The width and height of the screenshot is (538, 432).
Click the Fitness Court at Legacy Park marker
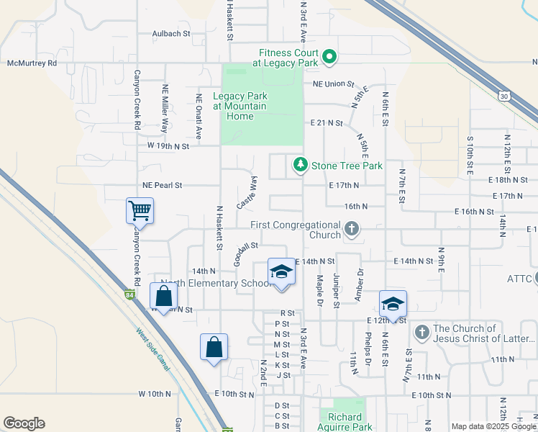click(x=329, y=56)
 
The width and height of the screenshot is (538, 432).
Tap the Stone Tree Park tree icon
click(x=300, y=166)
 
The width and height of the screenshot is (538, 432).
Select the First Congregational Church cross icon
click(x=351, y=230)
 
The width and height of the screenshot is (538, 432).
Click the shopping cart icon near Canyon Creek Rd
click(x=140, y=211)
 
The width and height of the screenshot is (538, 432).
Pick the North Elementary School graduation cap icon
click(x=281, y=272)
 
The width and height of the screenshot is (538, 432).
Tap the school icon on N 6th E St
click(x=393, y=303)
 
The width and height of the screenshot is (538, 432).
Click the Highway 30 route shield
click(x=503, y=96)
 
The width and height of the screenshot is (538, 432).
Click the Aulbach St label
click(x=170, y=33)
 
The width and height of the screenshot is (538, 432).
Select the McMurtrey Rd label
click(x=32, y=63)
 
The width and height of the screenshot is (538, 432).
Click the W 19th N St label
click(x=168, y=146)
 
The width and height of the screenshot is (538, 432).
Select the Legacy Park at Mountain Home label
click(x=240, y=106)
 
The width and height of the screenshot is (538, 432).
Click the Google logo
click(x=24, y=423)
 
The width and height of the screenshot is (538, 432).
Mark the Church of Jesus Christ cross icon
click(x=421, y=333)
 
